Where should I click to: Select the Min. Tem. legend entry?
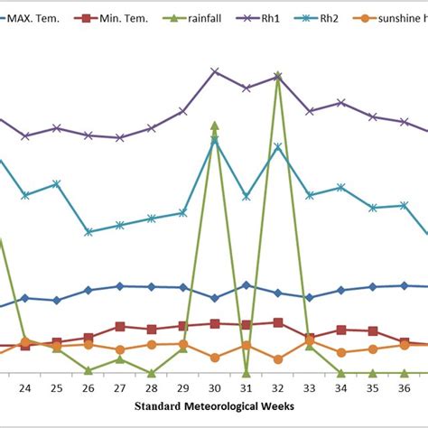tap(115, 17)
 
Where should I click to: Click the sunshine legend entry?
tap(402, 17)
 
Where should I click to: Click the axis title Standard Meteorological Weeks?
tap(214, 406)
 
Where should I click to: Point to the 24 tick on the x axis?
tap(25, 388)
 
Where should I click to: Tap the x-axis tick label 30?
tap(214, 388)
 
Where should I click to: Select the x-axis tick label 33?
tap(309, 388)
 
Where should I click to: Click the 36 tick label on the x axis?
tap(404, 388)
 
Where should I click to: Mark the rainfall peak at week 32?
tap(278, 76)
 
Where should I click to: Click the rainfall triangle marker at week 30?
tap(215, 126)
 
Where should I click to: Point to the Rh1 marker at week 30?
tap(215, 70)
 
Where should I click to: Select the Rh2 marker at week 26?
tap(88, 232)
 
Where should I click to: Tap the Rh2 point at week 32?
tap(278, 146)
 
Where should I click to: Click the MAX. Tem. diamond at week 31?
tap(247, 284)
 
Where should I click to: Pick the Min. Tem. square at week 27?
tap(120, 327)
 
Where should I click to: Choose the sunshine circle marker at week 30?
tap(215, 358)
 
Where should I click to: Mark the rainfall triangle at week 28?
tap(152, 372)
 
